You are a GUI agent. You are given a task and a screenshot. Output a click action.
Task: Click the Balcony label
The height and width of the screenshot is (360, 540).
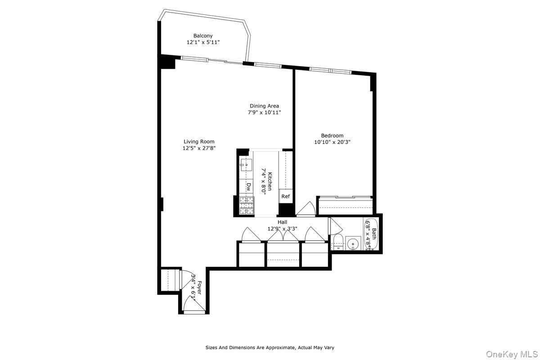tap(203, 36)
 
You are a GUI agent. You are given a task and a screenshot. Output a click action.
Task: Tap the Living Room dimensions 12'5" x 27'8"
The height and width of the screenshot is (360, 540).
tap(199, 148)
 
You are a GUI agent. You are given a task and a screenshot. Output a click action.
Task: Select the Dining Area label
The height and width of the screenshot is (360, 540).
tap(264, 106)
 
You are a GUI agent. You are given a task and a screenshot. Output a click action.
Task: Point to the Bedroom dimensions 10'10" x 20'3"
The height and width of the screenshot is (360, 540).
tap(332, 142)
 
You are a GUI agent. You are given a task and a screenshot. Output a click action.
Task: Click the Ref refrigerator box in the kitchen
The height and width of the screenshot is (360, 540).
tap(285, 196)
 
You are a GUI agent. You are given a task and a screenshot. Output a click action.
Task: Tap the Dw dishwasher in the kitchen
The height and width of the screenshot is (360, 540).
tap(248, 186)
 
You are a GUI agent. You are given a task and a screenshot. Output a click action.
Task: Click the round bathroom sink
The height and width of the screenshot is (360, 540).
tap(353, 244)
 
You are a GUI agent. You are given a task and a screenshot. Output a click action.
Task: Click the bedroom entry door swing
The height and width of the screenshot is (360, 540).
tap(307, 209)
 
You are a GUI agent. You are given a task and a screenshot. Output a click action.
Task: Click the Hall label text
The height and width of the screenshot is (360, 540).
tap(282, 222)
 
